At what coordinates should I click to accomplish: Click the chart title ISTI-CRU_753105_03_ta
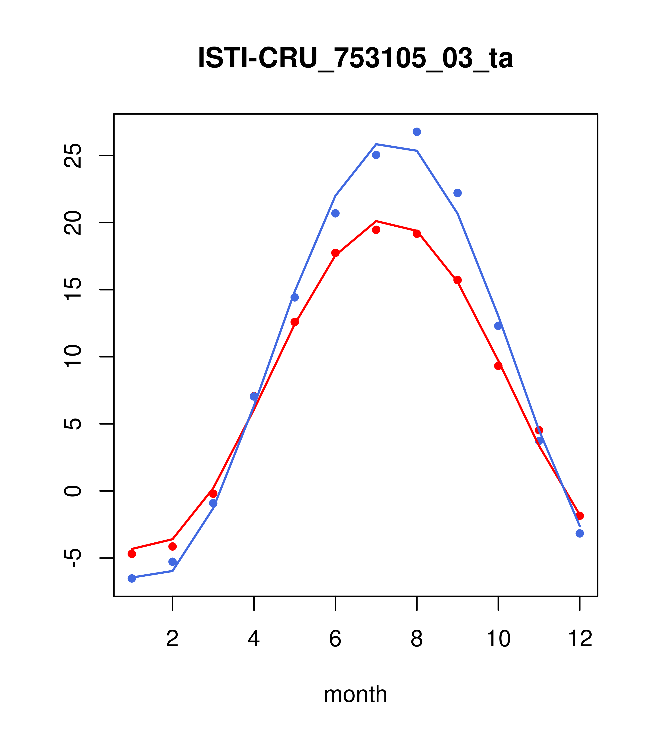(355, 58)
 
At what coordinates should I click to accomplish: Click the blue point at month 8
(417, 132)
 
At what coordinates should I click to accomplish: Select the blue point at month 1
(132, 579)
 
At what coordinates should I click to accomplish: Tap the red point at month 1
(132, 554)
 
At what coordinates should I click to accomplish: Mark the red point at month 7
(376, 230)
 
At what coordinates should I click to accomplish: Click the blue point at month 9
(457, 193)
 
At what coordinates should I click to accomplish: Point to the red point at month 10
(498, 366)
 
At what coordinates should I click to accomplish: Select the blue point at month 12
(580, 533)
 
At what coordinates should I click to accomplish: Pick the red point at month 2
(173, 546)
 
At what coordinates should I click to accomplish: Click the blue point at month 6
(335, 213)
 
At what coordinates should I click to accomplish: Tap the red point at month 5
(295, 322)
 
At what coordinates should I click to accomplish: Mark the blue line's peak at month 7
(376, 144)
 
